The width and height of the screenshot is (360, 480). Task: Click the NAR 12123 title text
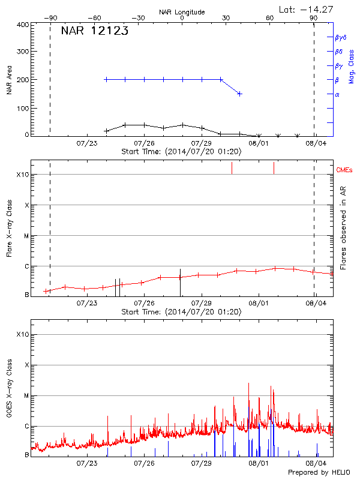[95, 31]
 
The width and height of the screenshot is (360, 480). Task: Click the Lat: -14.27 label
[307, 9]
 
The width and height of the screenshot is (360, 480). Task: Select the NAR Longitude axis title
[182, 12]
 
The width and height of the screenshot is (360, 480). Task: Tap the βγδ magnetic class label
[340, 37]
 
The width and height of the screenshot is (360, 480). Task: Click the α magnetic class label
[337, 94]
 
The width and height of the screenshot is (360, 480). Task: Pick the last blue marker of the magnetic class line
[240, 94]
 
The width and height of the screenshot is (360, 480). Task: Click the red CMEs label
[344, 170]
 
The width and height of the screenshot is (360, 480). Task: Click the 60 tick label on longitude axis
[269, 19]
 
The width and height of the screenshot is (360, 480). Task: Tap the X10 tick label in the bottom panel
[22, 334]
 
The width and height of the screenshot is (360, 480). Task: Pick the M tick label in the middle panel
[26, 236]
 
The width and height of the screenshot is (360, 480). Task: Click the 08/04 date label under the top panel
[316, 143]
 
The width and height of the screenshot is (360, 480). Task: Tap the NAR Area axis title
[10, 80]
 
